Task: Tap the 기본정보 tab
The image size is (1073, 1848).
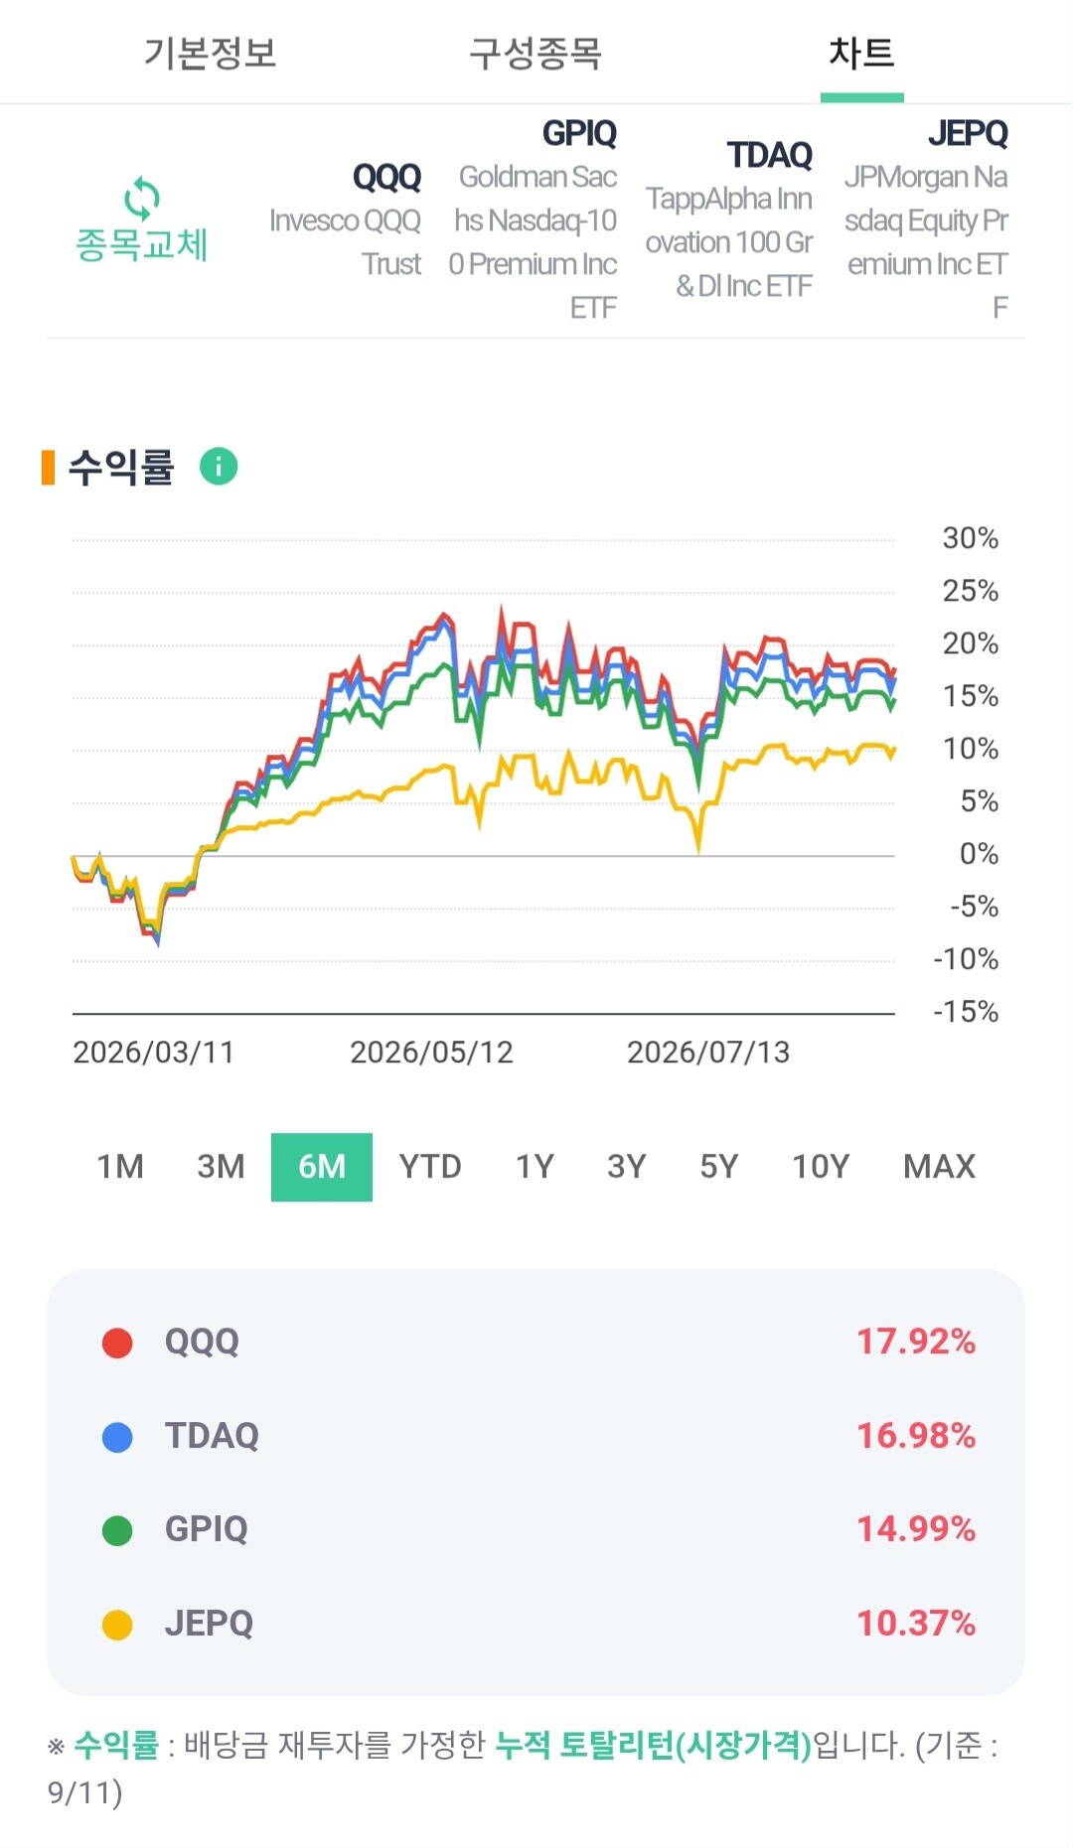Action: pyautogui.click(x=210, y=53)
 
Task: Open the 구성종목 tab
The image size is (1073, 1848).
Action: pyautogui.click(x=536, y=53)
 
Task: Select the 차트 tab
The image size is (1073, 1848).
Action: pyautogui.click(x=861, y=53)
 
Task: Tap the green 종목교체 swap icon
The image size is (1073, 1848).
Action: pyautogui.click(x=142, y=199)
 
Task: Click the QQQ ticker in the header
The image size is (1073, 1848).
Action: pyautogui.click(x=386, y=178)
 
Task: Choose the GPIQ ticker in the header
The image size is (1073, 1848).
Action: pyautogui.click(x=579, y=133)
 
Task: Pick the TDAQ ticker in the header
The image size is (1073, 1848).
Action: pyautogui.click(x=770, y=156)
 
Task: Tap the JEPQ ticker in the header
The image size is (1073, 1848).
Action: pyautogui.click(x=968, y=133)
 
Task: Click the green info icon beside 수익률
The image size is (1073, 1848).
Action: pyautogui.click(x=219, y=466)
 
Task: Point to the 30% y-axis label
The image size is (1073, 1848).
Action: pyautogui.click(x=970, y=538)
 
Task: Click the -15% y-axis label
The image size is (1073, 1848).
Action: pyautogui.click(x=966, y=1012)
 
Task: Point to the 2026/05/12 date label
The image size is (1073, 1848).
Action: pyautogui.click(x=431, y=1053)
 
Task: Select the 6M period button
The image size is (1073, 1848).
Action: pyautogui.click(x=322, y=1167)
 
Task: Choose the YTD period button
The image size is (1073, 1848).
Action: pyautogui.click(x=430, y=1167)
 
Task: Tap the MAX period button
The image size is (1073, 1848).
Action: pyautogui.click(x=939, y=1167)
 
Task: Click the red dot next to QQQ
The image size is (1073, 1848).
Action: pyautogui.click(x=117, y=1344)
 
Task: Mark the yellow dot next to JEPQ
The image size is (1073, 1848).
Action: pyautogui.click(x=117, y=1626)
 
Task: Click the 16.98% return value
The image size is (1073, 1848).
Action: pyautogui.click(x=916, y=1436)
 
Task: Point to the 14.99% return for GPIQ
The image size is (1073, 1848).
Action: pyautogui.click(x=916, y=1529)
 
